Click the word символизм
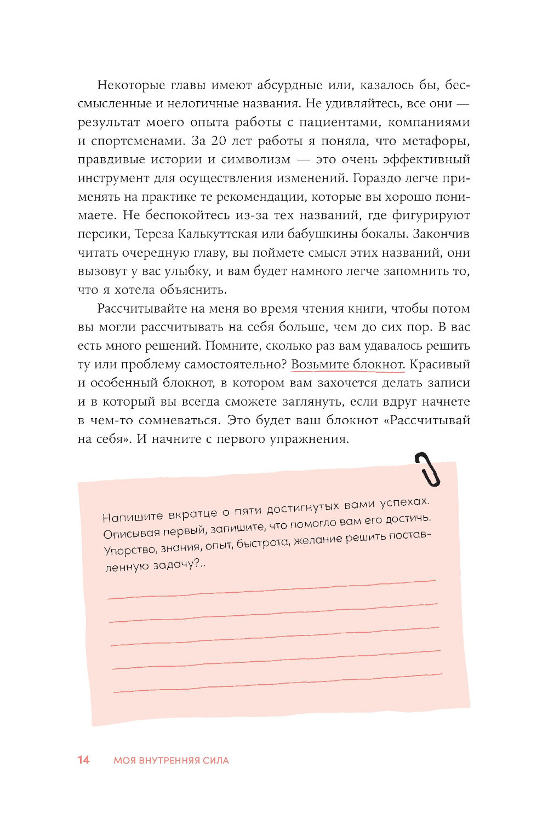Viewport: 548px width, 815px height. tap(255, 160)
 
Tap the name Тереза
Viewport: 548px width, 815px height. tap(154, 234)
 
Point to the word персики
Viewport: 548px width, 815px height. tap(103, 234)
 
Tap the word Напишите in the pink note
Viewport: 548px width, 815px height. tap(133, 516)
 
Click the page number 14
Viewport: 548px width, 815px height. tap(83, 760)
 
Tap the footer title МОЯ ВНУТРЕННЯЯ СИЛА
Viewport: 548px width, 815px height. tap(171, 760)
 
